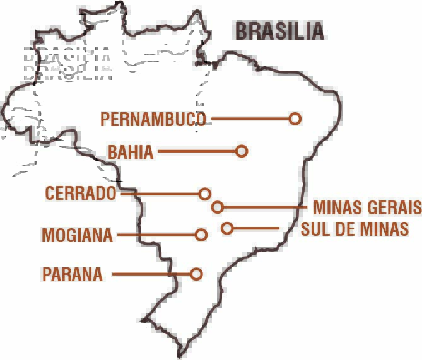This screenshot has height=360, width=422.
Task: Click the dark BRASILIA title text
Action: click(x=279, y=31)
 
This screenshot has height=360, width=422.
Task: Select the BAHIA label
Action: click(x=131, y=152)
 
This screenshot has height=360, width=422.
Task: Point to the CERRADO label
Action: click(x=81, y=194)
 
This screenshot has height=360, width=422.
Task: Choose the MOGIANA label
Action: click(x=77, y=236)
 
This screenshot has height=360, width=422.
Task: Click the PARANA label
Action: click(x=72, y=275)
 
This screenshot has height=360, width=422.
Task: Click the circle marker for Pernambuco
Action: click(x=295, y=119)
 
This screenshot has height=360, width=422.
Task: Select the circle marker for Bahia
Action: click(x=241, y=151)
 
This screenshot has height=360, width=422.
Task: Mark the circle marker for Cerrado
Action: click(x=204, y=194)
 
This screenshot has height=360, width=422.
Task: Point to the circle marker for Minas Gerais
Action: click(x=218, y=207)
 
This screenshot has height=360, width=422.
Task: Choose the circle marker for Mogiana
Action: click(x=201, y=235)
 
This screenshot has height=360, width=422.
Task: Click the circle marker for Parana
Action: click(x=196, y=274)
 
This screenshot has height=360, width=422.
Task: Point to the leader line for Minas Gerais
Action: click(x=265, y=207)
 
